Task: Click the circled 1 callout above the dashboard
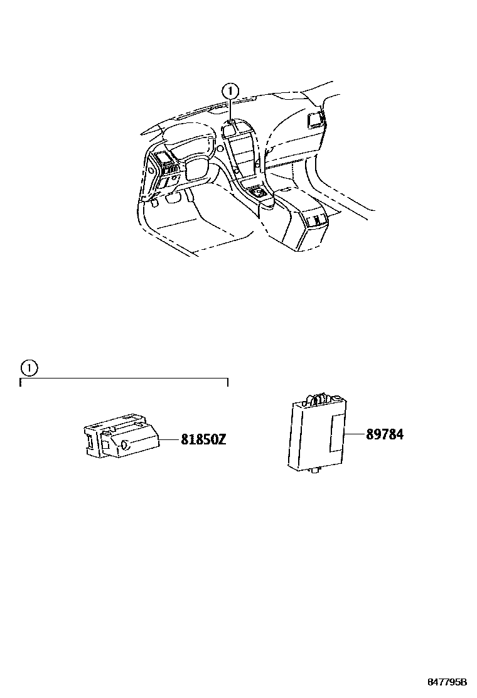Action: [x=230, y=91]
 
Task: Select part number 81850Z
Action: [x=203, y=440]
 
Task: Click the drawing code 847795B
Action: [x=448, y=681]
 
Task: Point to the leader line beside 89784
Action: [x=356, y=434]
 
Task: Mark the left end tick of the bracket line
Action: [x=21, y=382]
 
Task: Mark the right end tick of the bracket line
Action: [x=227, y=382]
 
